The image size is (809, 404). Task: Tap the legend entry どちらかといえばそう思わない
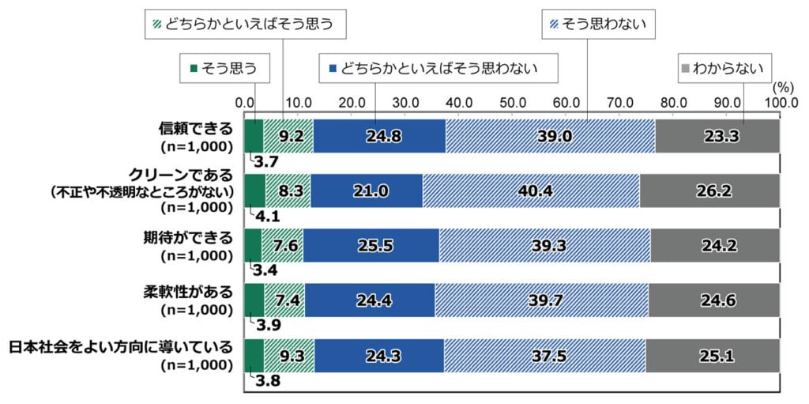(x=438, y=68)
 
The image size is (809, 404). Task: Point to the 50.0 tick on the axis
(x=513, y=102)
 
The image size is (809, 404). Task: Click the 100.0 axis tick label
(x=779, y=102)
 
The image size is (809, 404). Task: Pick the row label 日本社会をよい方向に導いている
(x=120, y=348)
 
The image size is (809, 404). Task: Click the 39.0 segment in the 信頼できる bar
(x=550, y=136)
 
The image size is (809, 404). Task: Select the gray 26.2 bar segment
(x=709, y=191)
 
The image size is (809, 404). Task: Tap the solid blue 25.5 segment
(x=371, y=245)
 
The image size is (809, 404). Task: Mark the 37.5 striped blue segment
(x=544, y=355)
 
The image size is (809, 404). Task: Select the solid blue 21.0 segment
(x=366, y=191)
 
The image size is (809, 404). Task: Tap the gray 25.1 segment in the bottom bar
(x=713, y=355)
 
